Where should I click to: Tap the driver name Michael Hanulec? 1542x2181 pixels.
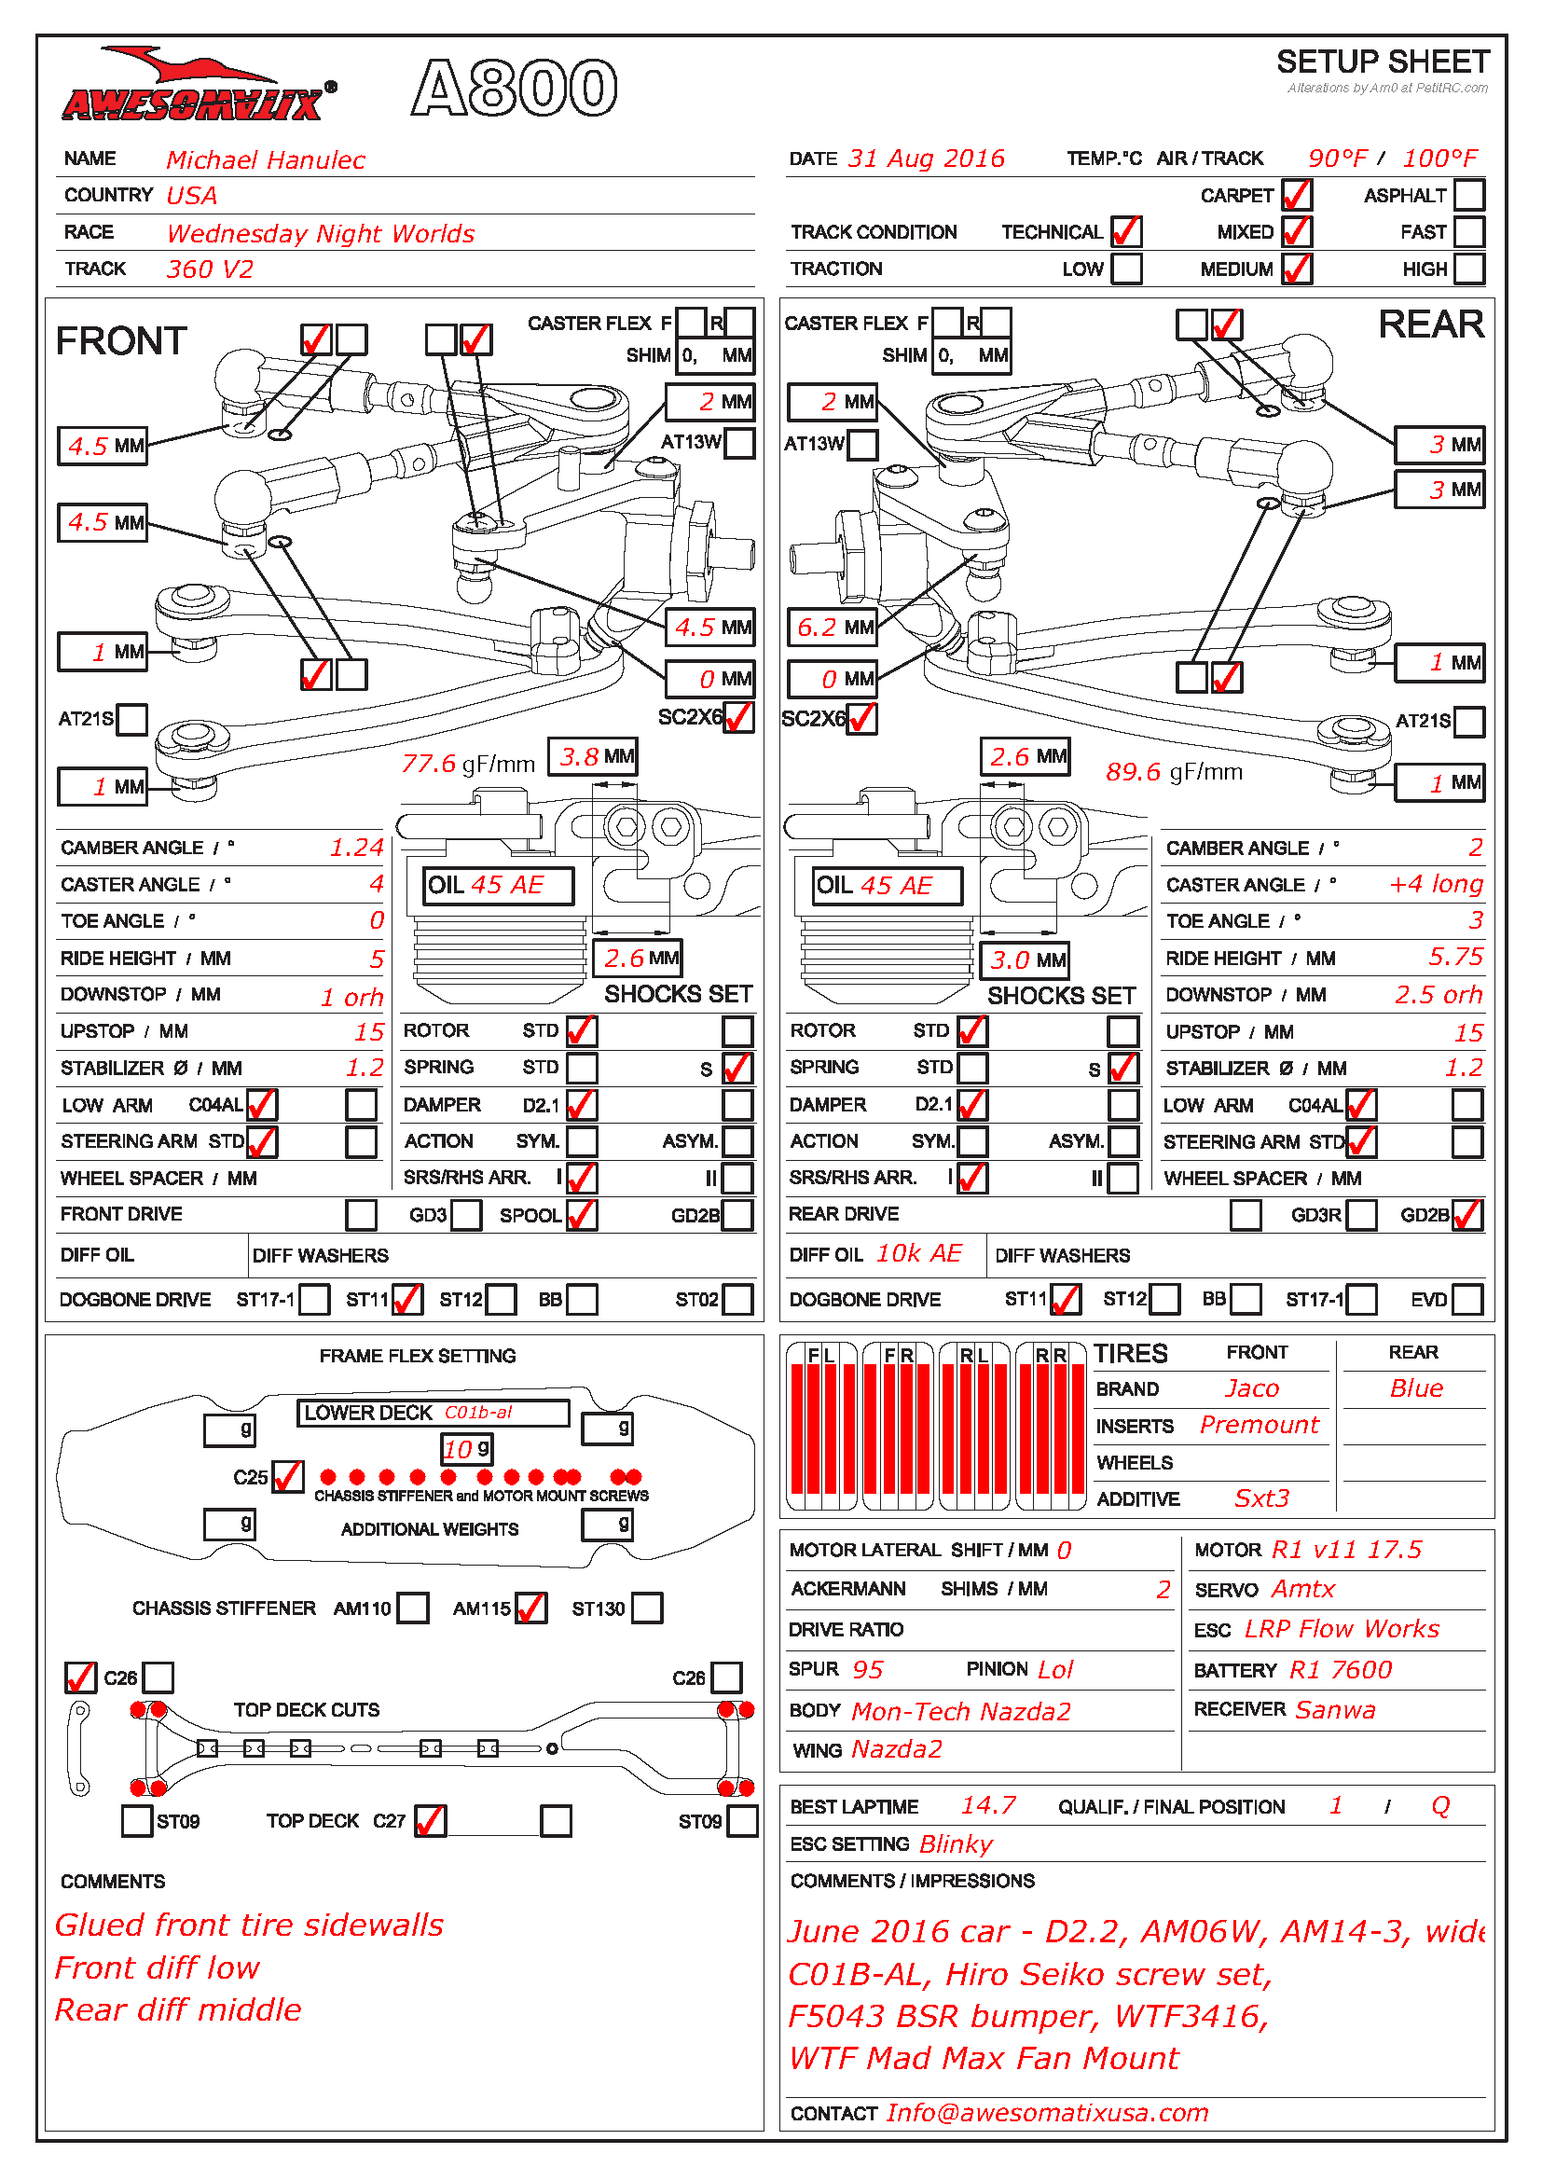(265, 159)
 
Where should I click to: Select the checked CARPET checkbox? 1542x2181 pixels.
(1296, 196)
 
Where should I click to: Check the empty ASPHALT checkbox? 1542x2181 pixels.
(1468, 196)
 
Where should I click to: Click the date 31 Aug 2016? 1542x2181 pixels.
(926, 159)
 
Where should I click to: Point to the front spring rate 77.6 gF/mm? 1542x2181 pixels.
(467, 764)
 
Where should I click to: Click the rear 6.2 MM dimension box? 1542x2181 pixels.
(833, 627)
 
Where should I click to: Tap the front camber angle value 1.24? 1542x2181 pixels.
(356, 848)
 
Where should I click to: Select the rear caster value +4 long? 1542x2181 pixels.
(1435, 884)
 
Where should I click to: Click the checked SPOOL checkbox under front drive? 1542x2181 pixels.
(581, 1215)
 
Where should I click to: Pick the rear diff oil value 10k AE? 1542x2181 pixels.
(918, 1254)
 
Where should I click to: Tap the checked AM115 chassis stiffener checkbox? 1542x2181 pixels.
(530, 1608)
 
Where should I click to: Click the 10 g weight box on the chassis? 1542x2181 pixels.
(467, 1450)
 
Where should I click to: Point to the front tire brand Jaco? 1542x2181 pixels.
(1251, 1388)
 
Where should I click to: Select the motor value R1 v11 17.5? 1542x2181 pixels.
(1345, 1551)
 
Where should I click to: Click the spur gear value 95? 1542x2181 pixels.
(867, 1670)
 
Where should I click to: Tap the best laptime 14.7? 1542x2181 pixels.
(987, 1806)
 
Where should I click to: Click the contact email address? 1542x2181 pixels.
(1046, 2113)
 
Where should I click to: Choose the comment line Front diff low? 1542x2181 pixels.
(157, 1967)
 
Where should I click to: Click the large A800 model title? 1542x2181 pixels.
(515, 88)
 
